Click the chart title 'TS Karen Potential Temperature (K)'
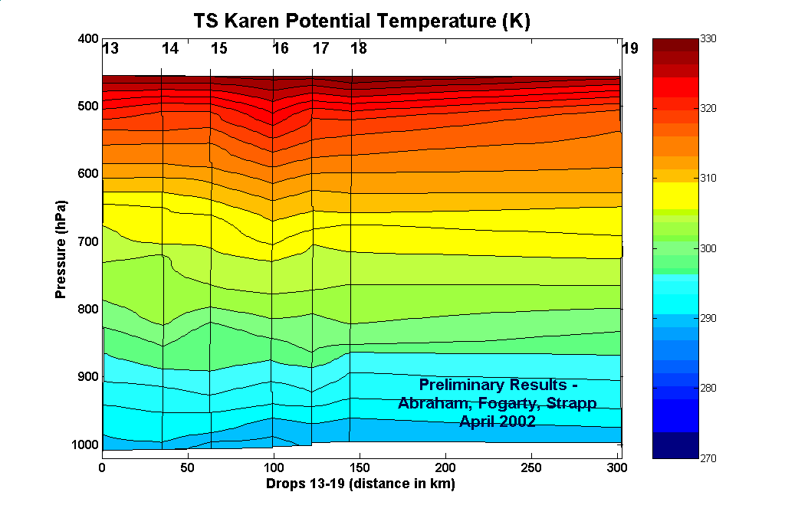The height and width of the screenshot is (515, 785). coord(361,21)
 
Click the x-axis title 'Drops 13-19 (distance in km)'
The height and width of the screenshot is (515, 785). coord(360,484)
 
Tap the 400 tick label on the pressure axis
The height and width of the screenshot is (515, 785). coord(88,38)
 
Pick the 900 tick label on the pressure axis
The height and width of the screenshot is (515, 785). coord(88,377)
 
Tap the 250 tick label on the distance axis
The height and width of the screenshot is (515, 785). coord(530,467)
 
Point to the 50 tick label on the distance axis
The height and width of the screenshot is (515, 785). coord(188,467)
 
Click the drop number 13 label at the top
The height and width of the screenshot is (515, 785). coord(110,49)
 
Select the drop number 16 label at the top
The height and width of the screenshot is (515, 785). coord(281,49)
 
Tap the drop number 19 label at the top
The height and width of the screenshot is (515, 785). coord(630,49)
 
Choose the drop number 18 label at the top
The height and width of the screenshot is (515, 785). coord(359,49)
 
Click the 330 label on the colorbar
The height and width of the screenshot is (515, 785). coord(709,38)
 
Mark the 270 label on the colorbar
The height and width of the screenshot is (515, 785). coord(709,458)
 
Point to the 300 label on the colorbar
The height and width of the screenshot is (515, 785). coord(709,248)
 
